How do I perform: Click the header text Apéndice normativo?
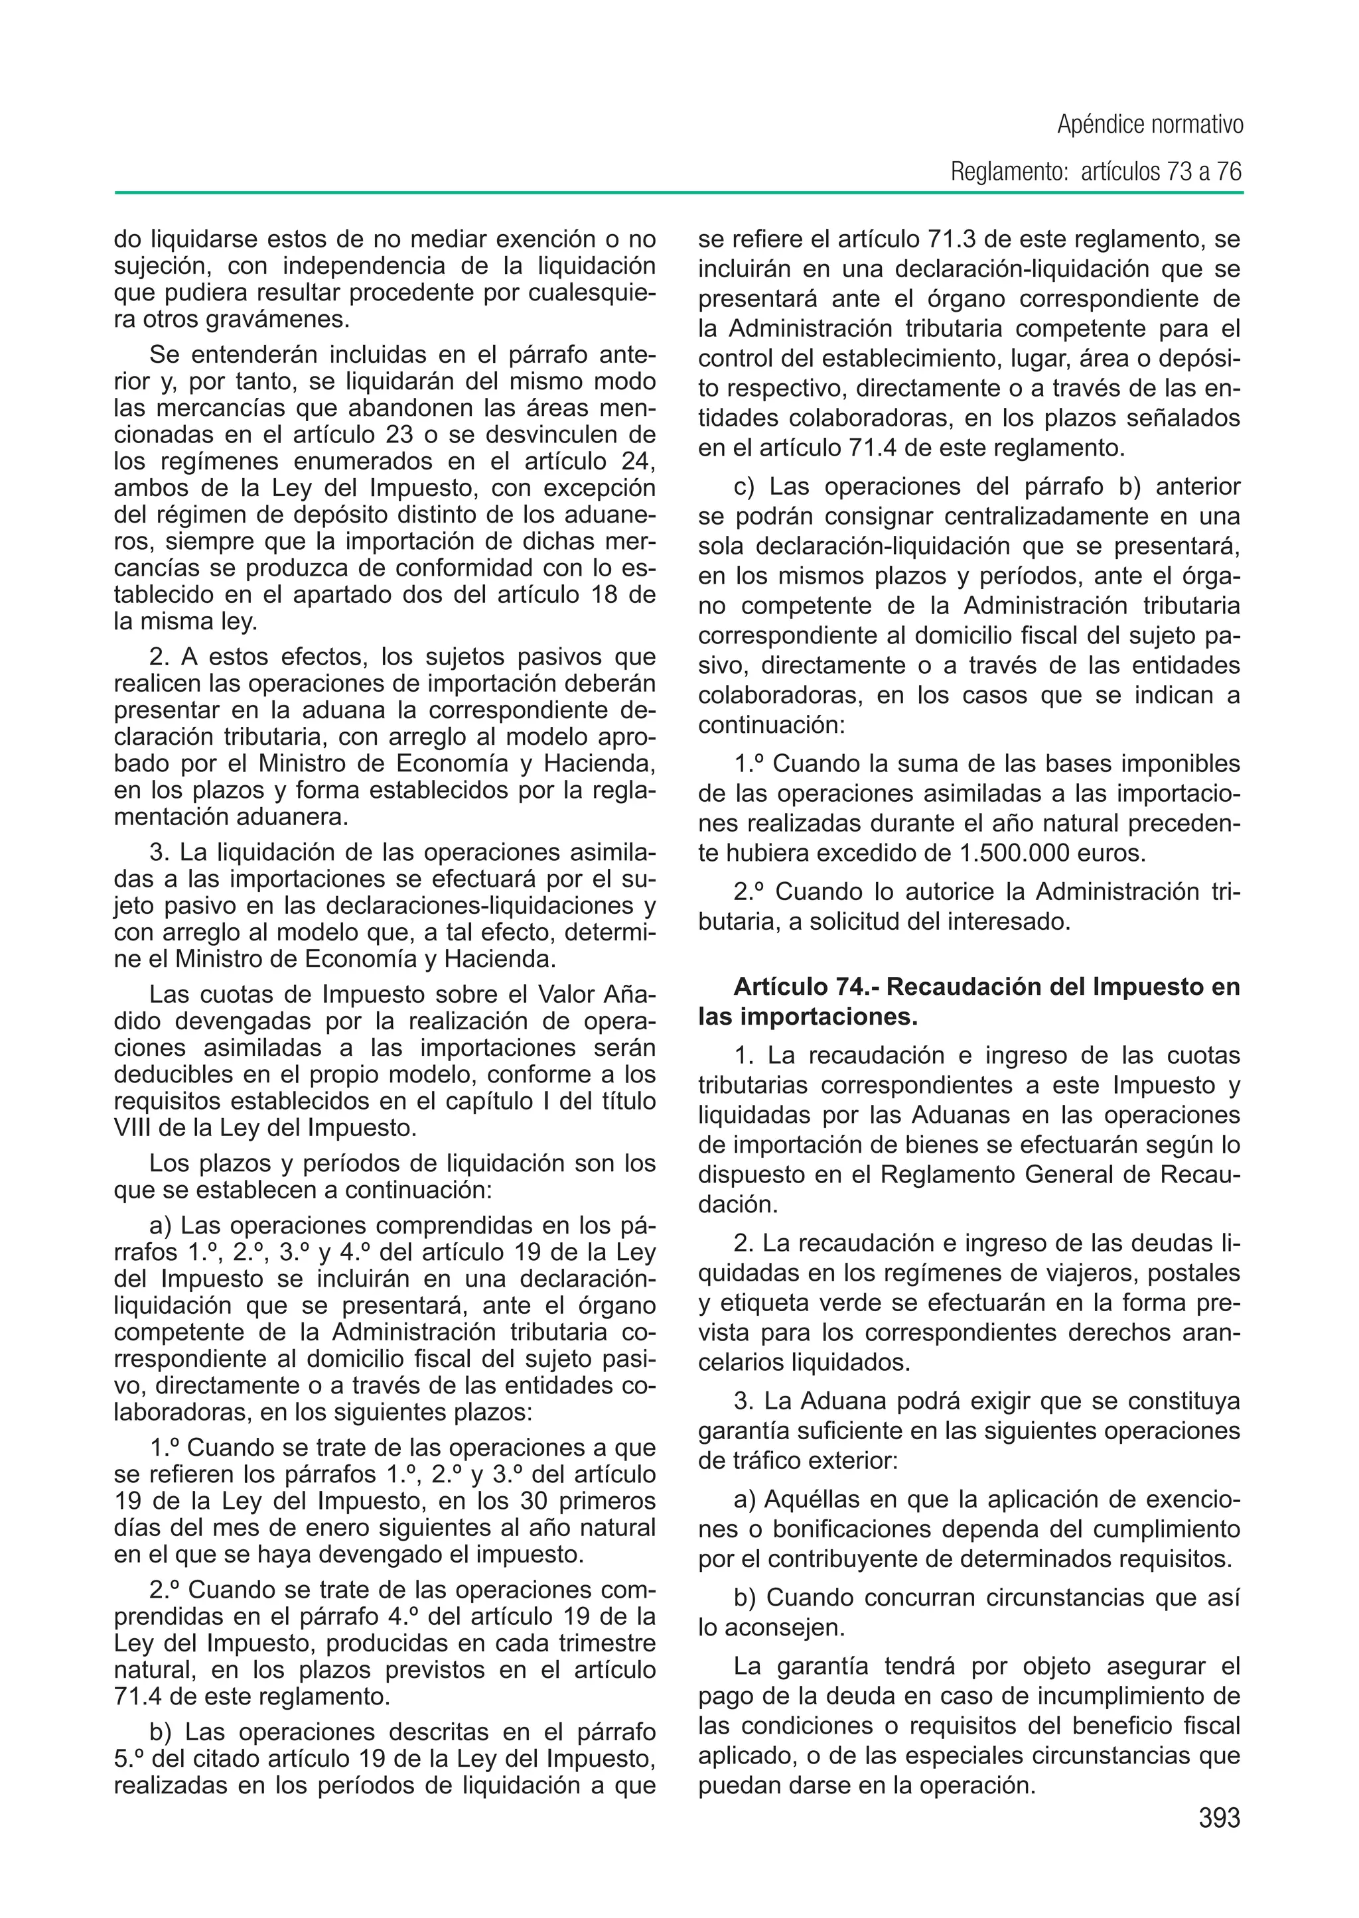(1150, 125)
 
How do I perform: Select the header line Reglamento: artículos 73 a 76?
(1096, 172)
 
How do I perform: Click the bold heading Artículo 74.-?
(806, 987)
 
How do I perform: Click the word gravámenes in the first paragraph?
(272, 320)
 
